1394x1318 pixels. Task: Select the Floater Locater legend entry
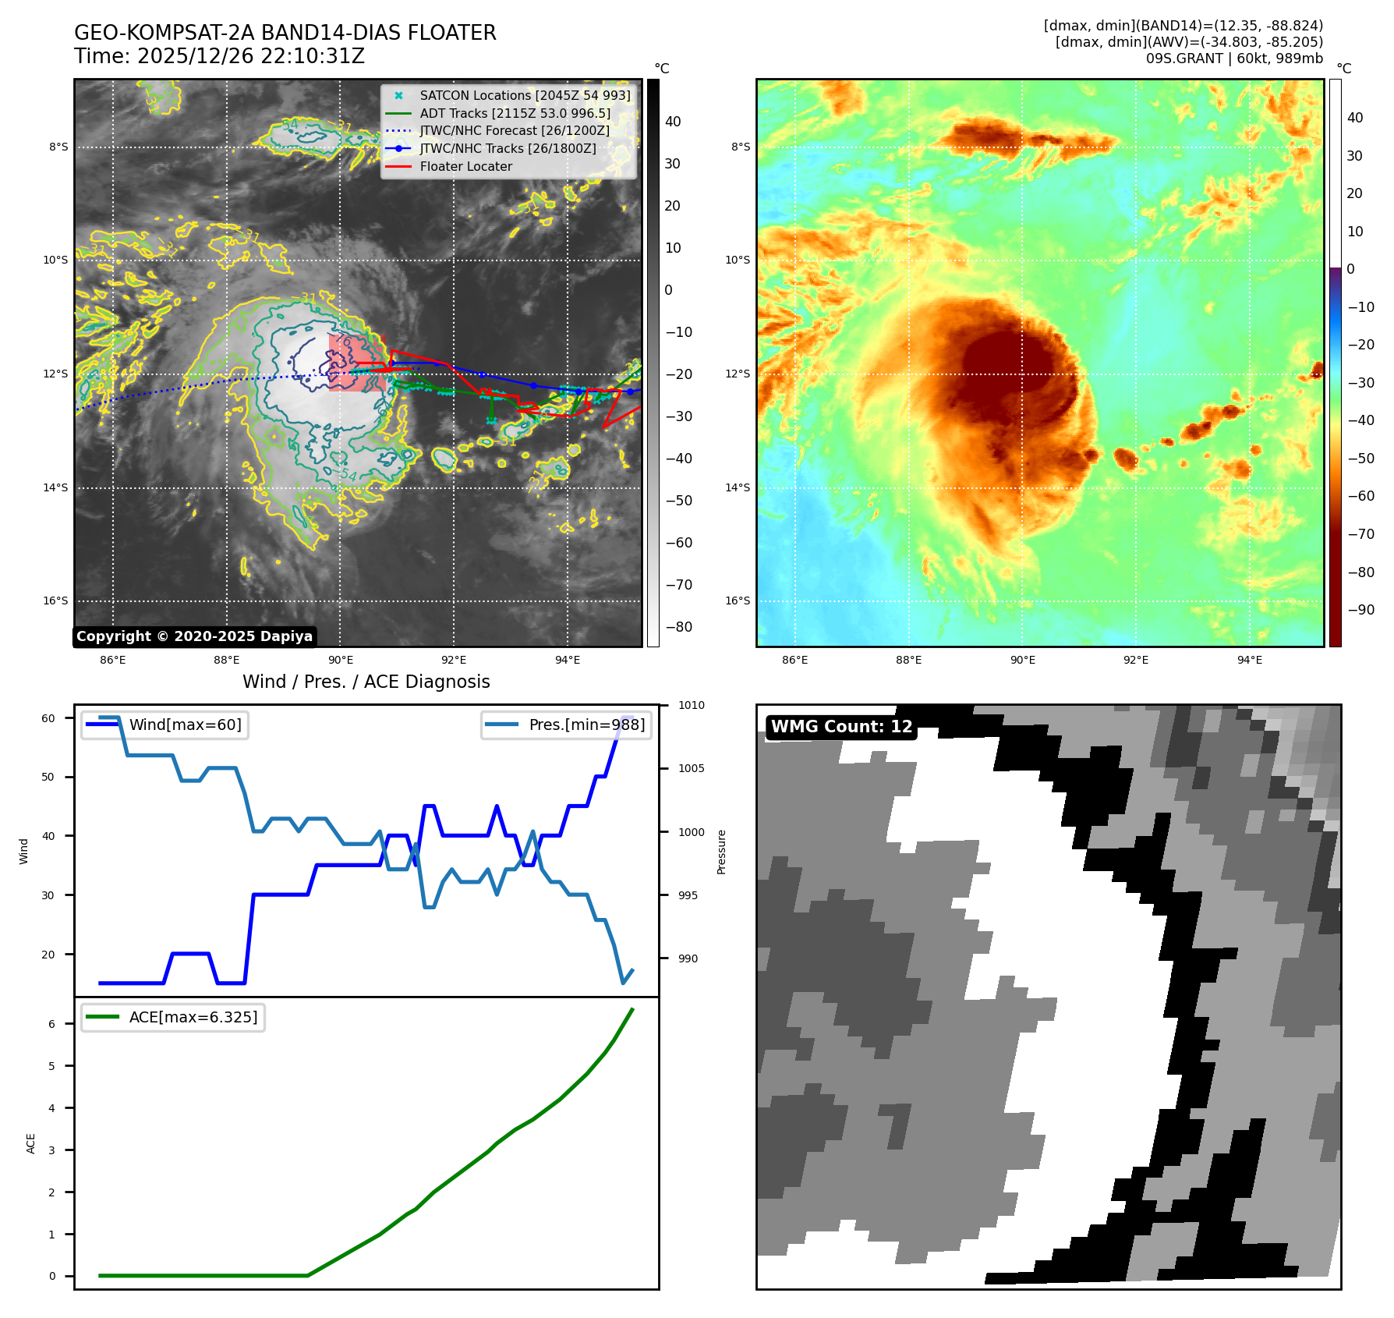tap(465, 167)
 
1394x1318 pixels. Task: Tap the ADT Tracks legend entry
tap(515, 114)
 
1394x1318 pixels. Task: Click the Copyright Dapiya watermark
tap(194, 636)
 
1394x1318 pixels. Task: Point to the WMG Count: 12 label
tap(841, 727)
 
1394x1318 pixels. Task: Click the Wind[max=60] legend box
tap(165, 725)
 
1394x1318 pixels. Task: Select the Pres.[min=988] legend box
tap(566, 725)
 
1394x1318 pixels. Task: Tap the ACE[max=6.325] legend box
tap(173, 1018)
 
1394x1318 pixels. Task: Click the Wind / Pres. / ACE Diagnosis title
tap(366, 682)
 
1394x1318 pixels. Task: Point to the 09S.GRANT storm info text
tap(1233, 58)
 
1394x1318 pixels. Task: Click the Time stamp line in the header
tap(219, 57)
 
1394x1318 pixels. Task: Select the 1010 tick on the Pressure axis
tap(691, 706)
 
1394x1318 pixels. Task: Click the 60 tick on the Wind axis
tap(48, 718)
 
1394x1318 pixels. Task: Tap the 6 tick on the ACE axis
tap(52, 1024)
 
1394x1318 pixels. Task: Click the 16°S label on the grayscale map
tap(55, 601)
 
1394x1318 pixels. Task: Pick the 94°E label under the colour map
tap(1249, 661)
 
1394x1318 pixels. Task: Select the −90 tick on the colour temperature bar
tap(1361, 610)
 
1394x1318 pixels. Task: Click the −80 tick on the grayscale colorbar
tap(678, 627)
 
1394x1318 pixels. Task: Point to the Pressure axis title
tap(722, 852)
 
